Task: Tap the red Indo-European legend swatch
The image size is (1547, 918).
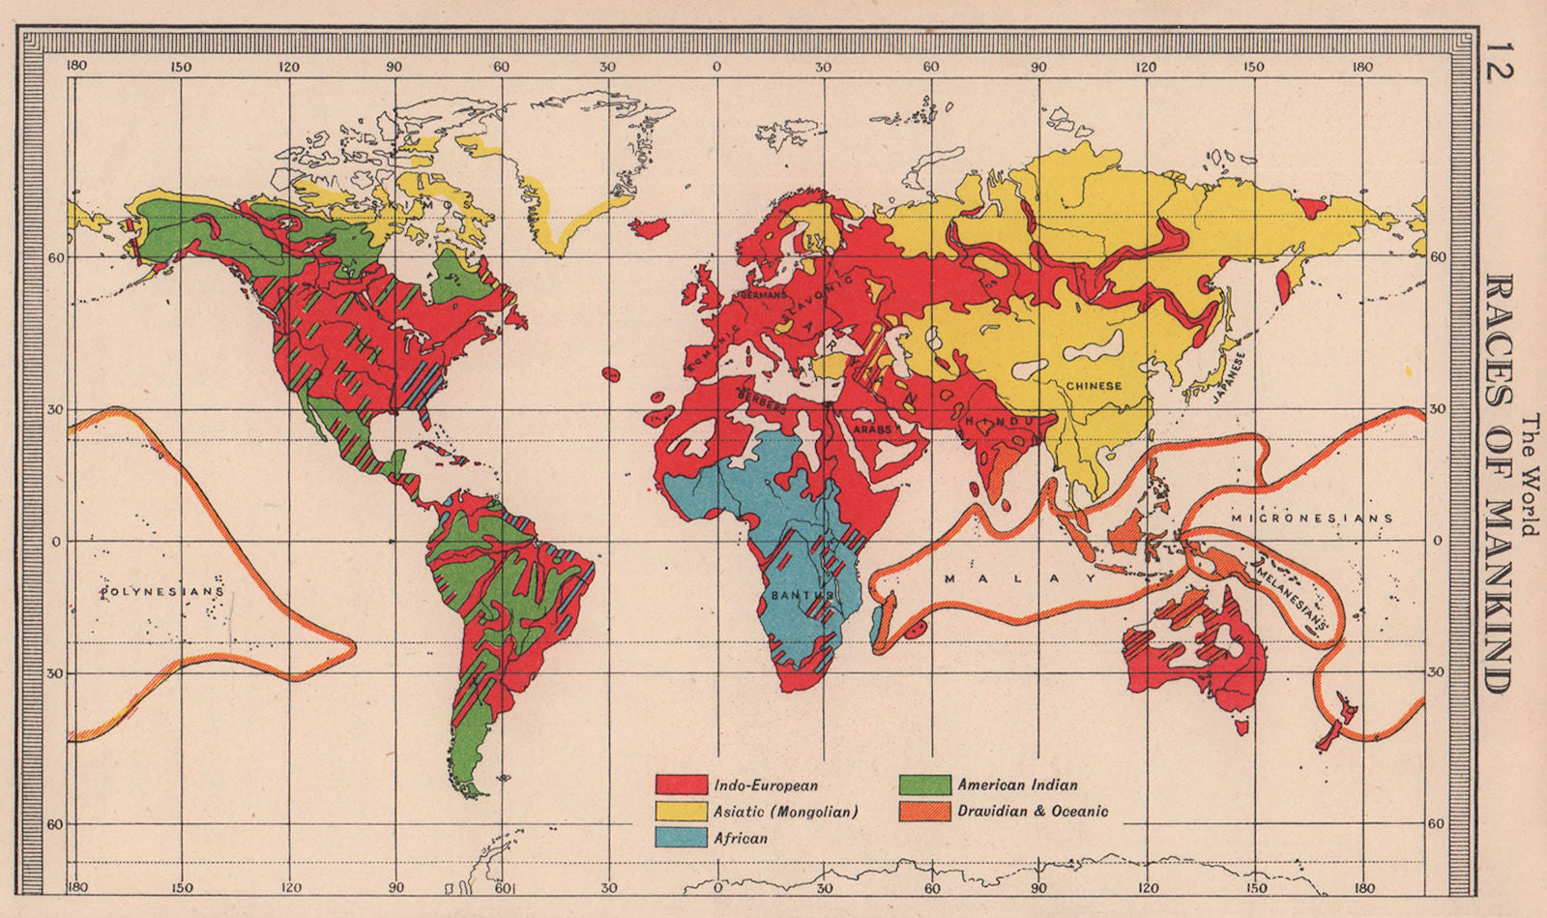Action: (681, 785)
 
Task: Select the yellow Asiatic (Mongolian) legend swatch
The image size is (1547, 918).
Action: (681, 812)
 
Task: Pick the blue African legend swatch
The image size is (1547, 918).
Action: (681, 838)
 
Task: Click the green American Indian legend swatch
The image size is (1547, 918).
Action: (924, 785)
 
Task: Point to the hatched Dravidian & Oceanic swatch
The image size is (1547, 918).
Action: (924, 812)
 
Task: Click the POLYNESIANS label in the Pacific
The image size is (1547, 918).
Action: (161, 590)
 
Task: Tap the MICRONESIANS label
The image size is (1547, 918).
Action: (1312, 518)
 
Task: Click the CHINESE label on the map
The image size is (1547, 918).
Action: (1094, 385)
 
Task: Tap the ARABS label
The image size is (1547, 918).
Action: (872, 428)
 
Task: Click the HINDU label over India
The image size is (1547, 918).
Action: (1001, 423)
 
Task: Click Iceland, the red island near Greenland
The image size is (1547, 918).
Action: (649, 227)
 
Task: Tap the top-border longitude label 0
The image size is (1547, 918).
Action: (716, 68)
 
